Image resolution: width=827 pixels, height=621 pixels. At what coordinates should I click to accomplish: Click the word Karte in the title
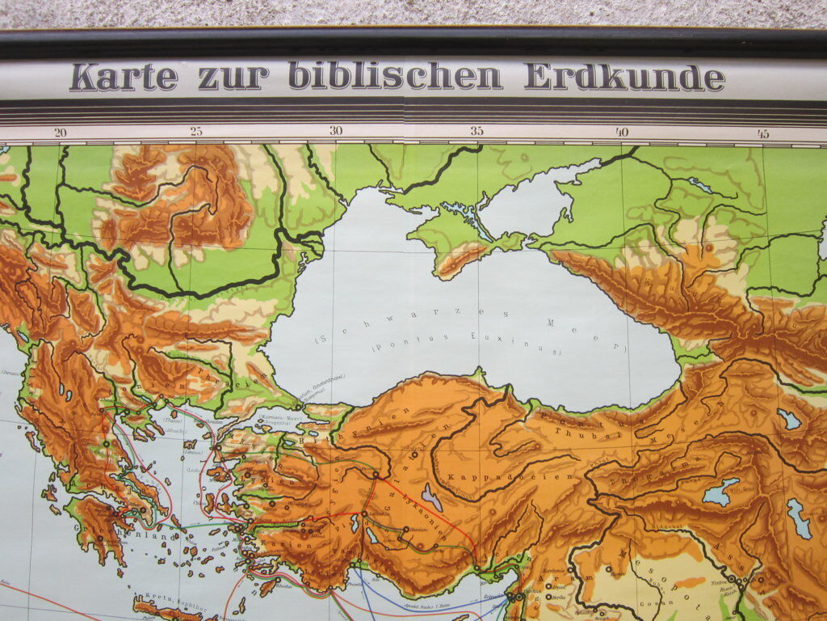[x=123, y=77]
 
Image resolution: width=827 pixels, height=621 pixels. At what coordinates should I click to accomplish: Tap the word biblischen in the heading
[x=395, y=76]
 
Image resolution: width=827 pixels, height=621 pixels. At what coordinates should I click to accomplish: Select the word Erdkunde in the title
[x=624, y=77]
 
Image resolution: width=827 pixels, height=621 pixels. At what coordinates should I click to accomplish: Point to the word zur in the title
[x=233, y=78]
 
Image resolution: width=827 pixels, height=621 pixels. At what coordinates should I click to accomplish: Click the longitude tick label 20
[x=60, y=133]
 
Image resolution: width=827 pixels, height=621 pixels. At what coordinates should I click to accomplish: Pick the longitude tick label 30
[x=336, y=131]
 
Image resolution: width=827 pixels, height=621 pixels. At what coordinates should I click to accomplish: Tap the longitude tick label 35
[x=476, y=131]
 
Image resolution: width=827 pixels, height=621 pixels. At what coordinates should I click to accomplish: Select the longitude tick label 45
[x=762, y=133]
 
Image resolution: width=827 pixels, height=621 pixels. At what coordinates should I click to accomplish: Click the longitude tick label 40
[x=621, y=132]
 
